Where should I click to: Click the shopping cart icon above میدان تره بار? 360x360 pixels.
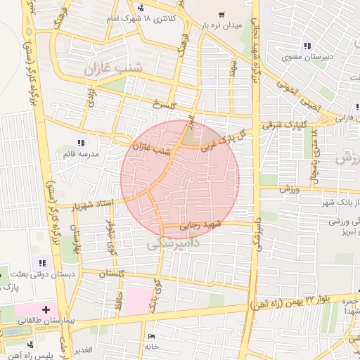pyautogui.click(x=221, y=14)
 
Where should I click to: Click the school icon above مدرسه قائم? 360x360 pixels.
pyautogui.click(x=90, y=143)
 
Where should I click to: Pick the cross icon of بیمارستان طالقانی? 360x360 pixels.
pyautogui.click(x=46, y=309)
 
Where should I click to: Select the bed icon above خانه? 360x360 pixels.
pyautogui.click(x=153, y=337)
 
